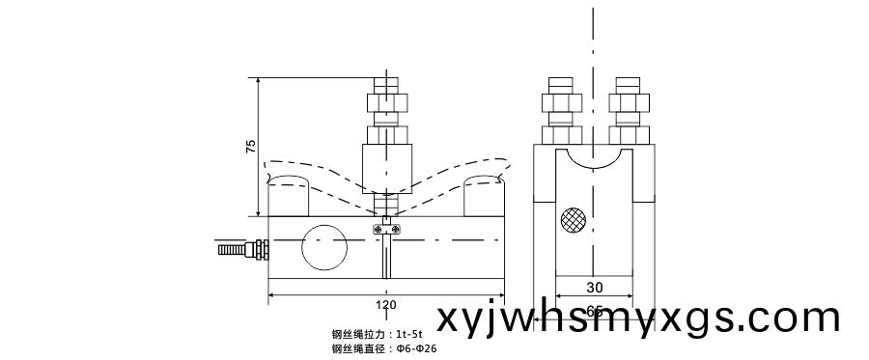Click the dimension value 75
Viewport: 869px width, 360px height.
tap(250, 147)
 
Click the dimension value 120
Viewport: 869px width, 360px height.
tap(385, 304)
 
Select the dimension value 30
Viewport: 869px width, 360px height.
tap(594, 287)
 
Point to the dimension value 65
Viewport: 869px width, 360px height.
tap(594, 311)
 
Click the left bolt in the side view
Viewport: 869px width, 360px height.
tap(560, 108)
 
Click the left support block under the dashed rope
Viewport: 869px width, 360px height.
tap(289, 197)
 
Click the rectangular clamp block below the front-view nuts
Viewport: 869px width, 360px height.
tap(386, 166)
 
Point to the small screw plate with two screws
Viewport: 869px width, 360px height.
tap(386, 228)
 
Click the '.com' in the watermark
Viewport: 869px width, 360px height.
tap(792, 318)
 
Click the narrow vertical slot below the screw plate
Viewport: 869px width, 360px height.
tap(386, 256)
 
